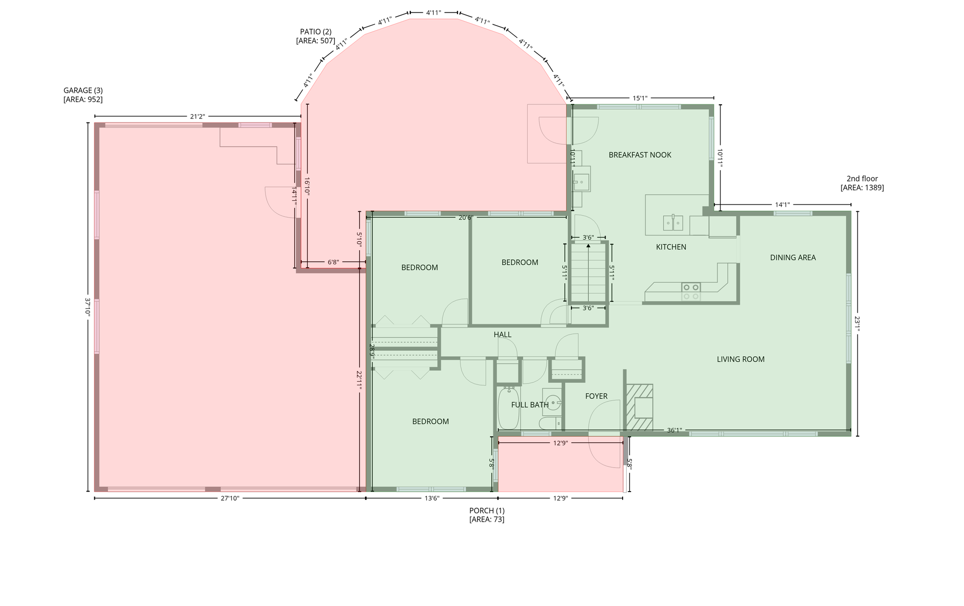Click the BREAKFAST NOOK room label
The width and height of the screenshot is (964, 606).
(x=640, y=155)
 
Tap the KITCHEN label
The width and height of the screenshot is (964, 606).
(x=671, y=247)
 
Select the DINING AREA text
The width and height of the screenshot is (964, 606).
(x=793, y=257)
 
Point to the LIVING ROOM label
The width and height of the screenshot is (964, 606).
(x=741, y=359)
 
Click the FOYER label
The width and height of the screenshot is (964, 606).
(x=596, y=396)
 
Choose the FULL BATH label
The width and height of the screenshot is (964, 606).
(x=530, y=405)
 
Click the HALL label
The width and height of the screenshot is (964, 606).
(x=502, y=335)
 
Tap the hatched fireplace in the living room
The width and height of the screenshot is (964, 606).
(x=639, y=407)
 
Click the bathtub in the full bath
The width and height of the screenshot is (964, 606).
(x=509, y=409)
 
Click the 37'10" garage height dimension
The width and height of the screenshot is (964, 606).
(x=88, y=307)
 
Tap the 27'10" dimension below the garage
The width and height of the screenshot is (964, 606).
(x=230, y=498)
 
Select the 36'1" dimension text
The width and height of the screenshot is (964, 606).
(x=674, y=430)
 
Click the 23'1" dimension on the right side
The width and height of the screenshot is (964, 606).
(x=858, y=324)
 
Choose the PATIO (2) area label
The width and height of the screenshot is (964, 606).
(x=315, y=36)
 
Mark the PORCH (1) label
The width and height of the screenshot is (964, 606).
(x=487, y=515)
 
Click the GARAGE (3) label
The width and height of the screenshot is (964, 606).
(x=83, y=95)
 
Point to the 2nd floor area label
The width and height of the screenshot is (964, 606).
(x=862, y=183)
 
